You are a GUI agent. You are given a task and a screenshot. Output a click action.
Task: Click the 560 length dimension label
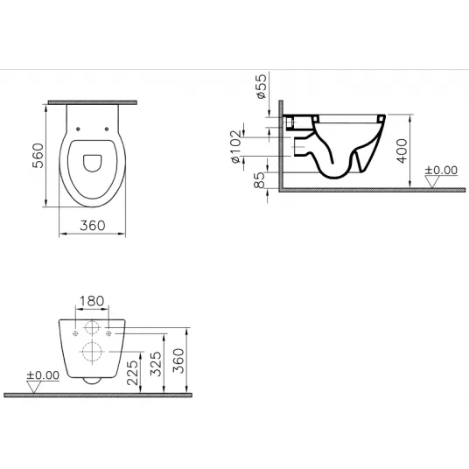click(38, 156)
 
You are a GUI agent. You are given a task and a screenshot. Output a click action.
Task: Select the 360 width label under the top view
click(93, 226)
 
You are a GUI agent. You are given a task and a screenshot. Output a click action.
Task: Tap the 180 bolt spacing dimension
click(92, 301)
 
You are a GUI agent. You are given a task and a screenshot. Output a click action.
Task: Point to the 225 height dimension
click(132, 373)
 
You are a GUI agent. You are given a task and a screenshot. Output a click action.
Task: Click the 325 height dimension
click(156, 364)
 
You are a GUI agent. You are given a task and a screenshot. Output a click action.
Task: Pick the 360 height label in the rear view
click(178, 360)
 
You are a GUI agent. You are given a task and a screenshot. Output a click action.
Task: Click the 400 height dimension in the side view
click(402, 150)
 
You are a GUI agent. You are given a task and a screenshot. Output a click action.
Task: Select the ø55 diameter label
click(261, 86)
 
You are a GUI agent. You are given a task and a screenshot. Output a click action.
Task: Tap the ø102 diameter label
click(236, 146)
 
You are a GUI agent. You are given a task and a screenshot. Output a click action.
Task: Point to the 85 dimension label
click(259, 180)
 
